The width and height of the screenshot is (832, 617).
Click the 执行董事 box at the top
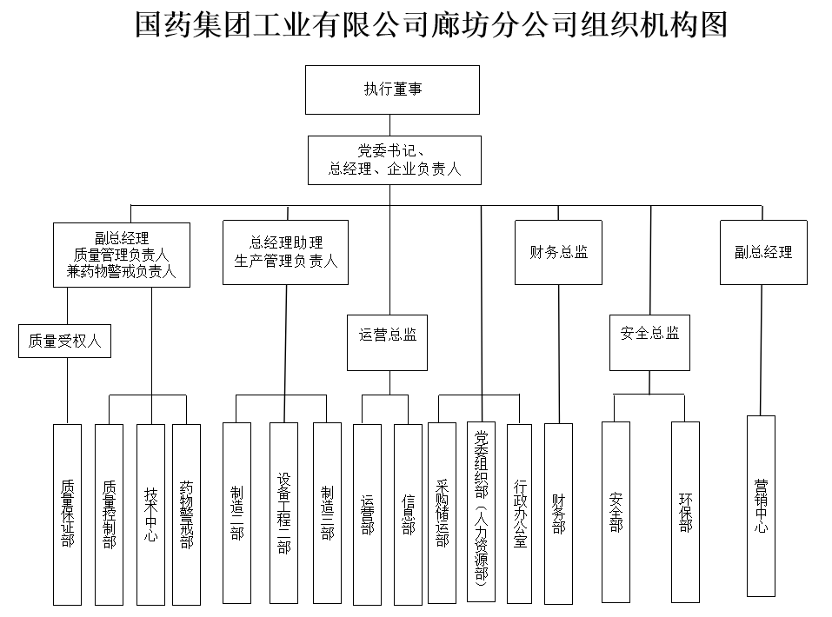click(392, 90)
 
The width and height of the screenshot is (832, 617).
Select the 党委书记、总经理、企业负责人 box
click(394, 160)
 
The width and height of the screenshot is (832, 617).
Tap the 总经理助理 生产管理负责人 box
click(285, 251)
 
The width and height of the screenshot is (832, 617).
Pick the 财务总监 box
click(558, 252)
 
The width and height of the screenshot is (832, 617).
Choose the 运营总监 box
click(388, 335)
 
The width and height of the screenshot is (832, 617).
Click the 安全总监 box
click(649, 333)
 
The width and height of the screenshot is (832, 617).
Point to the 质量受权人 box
click(65, 341)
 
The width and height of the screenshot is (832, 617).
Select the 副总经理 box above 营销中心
click(762, 252)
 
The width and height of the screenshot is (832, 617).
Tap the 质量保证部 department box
click(67, 514)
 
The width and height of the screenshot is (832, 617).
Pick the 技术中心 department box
click(151, 514)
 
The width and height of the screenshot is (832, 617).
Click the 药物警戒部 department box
click(186, 514)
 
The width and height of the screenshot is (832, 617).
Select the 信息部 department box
click(408, 514)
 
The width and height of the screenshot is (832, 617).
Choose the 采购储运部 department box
click(442, 514)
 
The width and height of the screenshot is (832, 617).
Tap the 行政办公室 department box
click(519, 514)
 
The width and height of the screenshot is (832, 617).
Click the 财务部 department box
click(558, 514)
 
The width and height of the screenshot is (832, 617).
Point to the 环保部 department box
click(685, 512)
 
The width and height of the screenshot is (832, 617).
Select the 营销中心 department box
click(761, 506)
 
